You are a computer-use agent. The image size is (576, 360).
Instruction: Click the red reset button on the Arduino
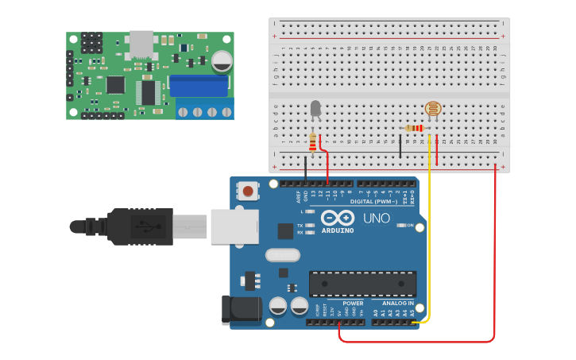tap(249, 191)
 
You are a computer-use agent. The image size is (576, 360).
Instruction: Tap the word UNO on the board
tap(377, 219)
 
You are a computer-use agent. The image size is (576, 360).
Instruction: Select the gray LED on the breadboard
tap(315, 109)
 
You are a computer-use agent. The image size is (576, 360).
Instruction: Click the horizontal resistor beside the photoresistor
tap(414, 128)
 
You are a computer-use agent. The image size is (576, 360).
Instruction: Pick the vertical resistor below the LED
tap(313, 142)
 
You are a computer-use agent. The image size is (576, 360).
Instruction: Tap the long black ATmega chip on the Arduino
tap(362, 283)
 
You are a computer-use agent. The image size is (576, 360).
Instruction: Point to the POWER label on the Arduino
tap(353, 303)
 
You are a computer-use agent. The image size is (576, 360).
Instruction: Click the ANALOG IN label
tap(397, 303)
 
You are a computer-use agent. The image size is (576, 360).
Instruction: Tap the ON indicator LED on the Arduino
tap(400, 226)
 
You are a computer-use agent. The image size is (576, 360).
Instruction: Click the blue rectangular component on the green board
tap(199, 85)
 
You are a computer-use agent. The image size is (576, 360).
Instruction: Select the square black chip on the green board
tap(116, 83)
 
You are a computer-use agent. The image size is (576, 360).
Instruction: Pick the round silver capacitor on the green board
tap(222, 60)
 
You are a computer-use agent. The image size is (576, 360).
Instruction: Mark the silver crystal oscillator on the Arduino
tap(282, 255)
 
